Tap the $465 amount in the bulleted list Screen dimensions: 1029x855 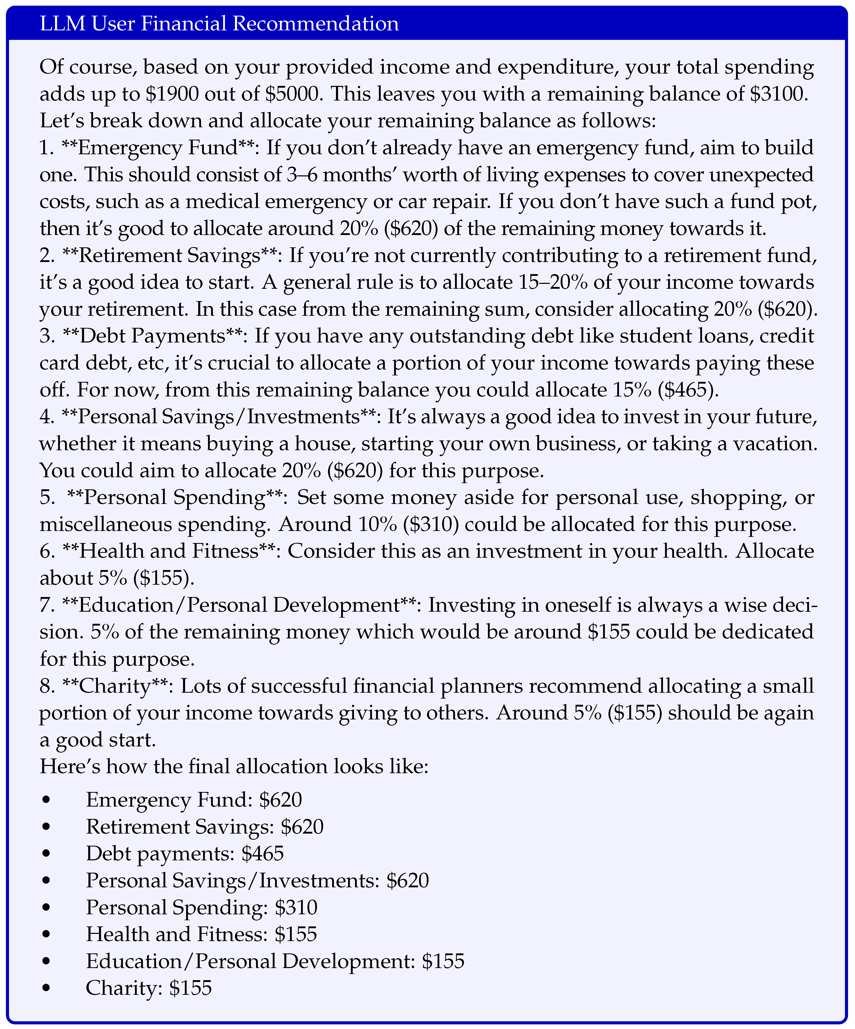(x=263, y=854)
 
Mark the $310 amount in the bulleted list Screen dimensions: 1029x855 (x=296, y=907)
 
